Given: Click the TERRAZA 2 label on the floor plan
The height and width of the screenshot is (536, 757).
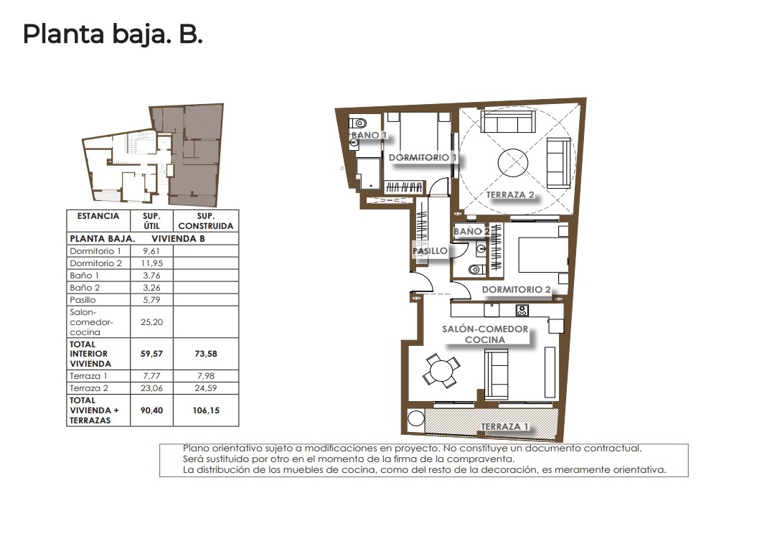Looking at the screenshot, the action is click(510, 194).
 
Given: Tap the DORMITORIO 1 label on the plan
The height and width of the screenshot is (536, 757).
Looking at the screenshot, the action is click(423, 157).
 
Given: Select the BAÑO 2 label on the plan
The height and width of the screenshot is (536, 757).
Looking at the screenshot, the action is click(471, 231).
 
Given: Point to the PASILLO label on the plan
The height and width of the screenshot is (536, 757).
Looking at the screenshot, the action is click(430, 251).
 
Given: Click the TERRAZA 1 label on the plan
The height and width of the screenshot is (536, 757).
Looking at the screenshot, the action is click(504, 426).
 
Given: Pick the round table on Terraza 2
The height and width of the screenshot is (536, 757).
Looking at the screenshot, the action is click(513, 163).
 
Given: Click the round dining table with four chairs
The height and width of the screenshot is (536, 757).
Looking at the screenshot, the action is click(441, 371).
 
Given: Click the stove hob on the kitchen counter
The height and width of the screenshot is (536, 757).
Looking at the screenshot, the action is click(522, 310).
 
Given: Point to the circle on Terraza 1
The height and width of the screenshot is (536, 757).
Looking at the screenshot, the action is click(415, 418).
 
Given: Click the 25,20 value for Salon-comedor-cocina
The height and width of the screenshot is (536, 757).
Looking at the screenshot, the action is click(151, 322).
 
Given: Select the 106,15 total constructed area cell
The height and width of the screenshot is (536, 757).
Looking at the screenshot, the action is click(206, 410).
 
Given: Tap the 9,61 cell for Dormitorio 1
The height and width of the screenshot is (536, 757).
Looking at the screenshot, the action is click(151, 251).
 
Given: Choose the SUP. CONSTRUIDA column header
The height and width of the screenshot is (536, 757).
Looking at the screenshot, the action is click(206, 221).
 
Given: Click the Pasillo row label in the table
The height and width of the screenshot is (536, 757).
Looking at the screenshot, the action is click(83, 300).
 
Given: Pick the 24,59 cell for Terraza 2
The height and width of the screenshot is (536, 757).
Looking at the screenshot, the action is click(206, 388).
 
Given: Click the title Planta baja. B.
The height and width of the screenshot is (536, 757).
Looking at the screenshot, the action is click(113, 34).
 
